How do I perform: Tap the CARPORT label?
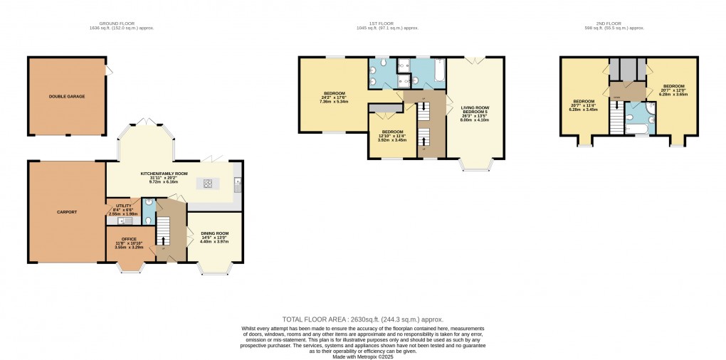tap(66, 211)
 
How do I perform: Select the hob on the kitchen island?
tap(209, 183)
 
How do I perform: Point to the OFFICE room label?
tap(129, 239)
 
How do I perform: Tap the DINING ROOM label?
tap(214, 233)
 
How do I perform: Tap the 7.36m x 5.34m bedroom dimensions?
tap(335, 101)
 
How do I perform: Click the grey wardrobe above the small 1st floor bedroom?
tap(384, 107)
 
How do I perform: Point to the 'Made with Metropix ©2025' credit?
tap(362, 356)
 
